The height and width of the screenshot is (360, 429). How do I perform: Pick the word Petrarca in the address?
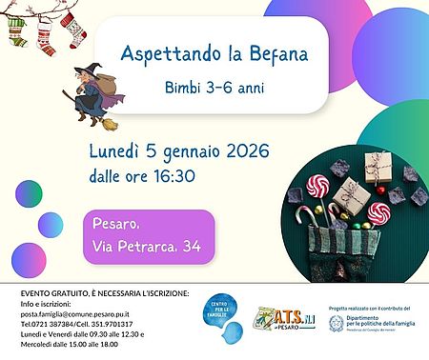[152, 247]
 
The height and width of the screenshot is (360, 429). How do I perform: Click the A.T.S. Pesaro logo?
[280, 318]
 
